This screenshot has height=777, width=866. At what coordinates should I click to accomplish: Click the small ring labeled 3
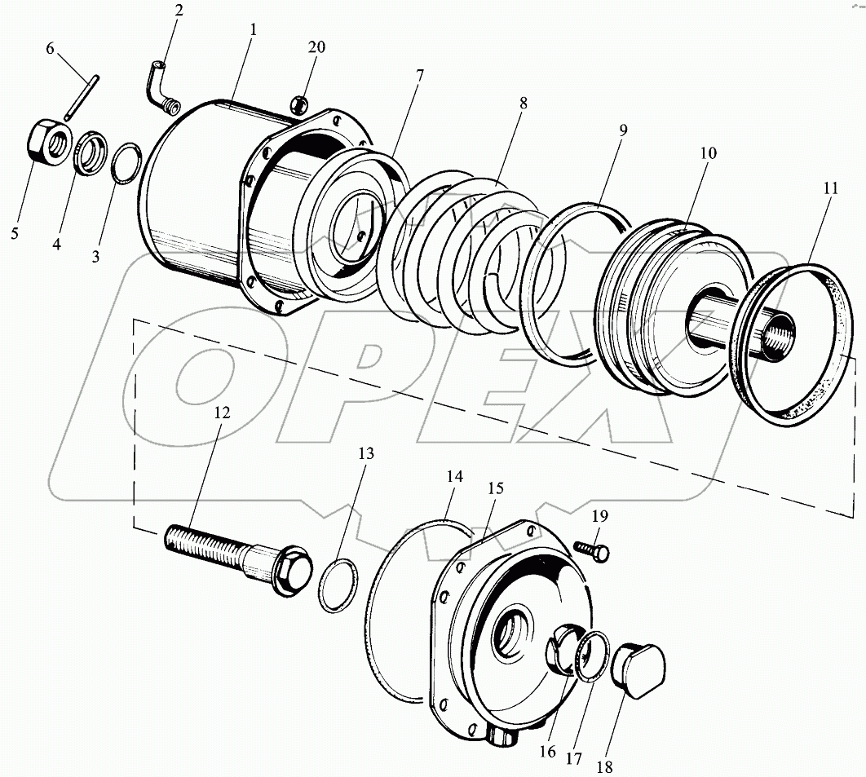pos(124,163)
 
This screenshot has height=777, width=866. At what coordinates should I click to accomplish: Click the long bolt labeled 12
pos(220,550)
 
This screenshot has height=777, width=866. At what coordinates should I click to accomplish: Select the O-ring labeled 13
pos(334,585)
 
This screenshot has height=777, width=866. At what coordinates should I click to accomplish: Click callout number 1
pos(254,29)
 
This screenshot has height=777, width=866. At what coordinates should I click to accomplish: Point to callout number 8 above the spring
pos(523,104)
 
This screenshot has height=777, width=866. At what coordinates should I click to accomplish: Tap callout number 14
pos(454,476)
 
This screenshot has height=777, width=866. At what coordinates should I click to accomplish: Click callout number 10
pos(706,152)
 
